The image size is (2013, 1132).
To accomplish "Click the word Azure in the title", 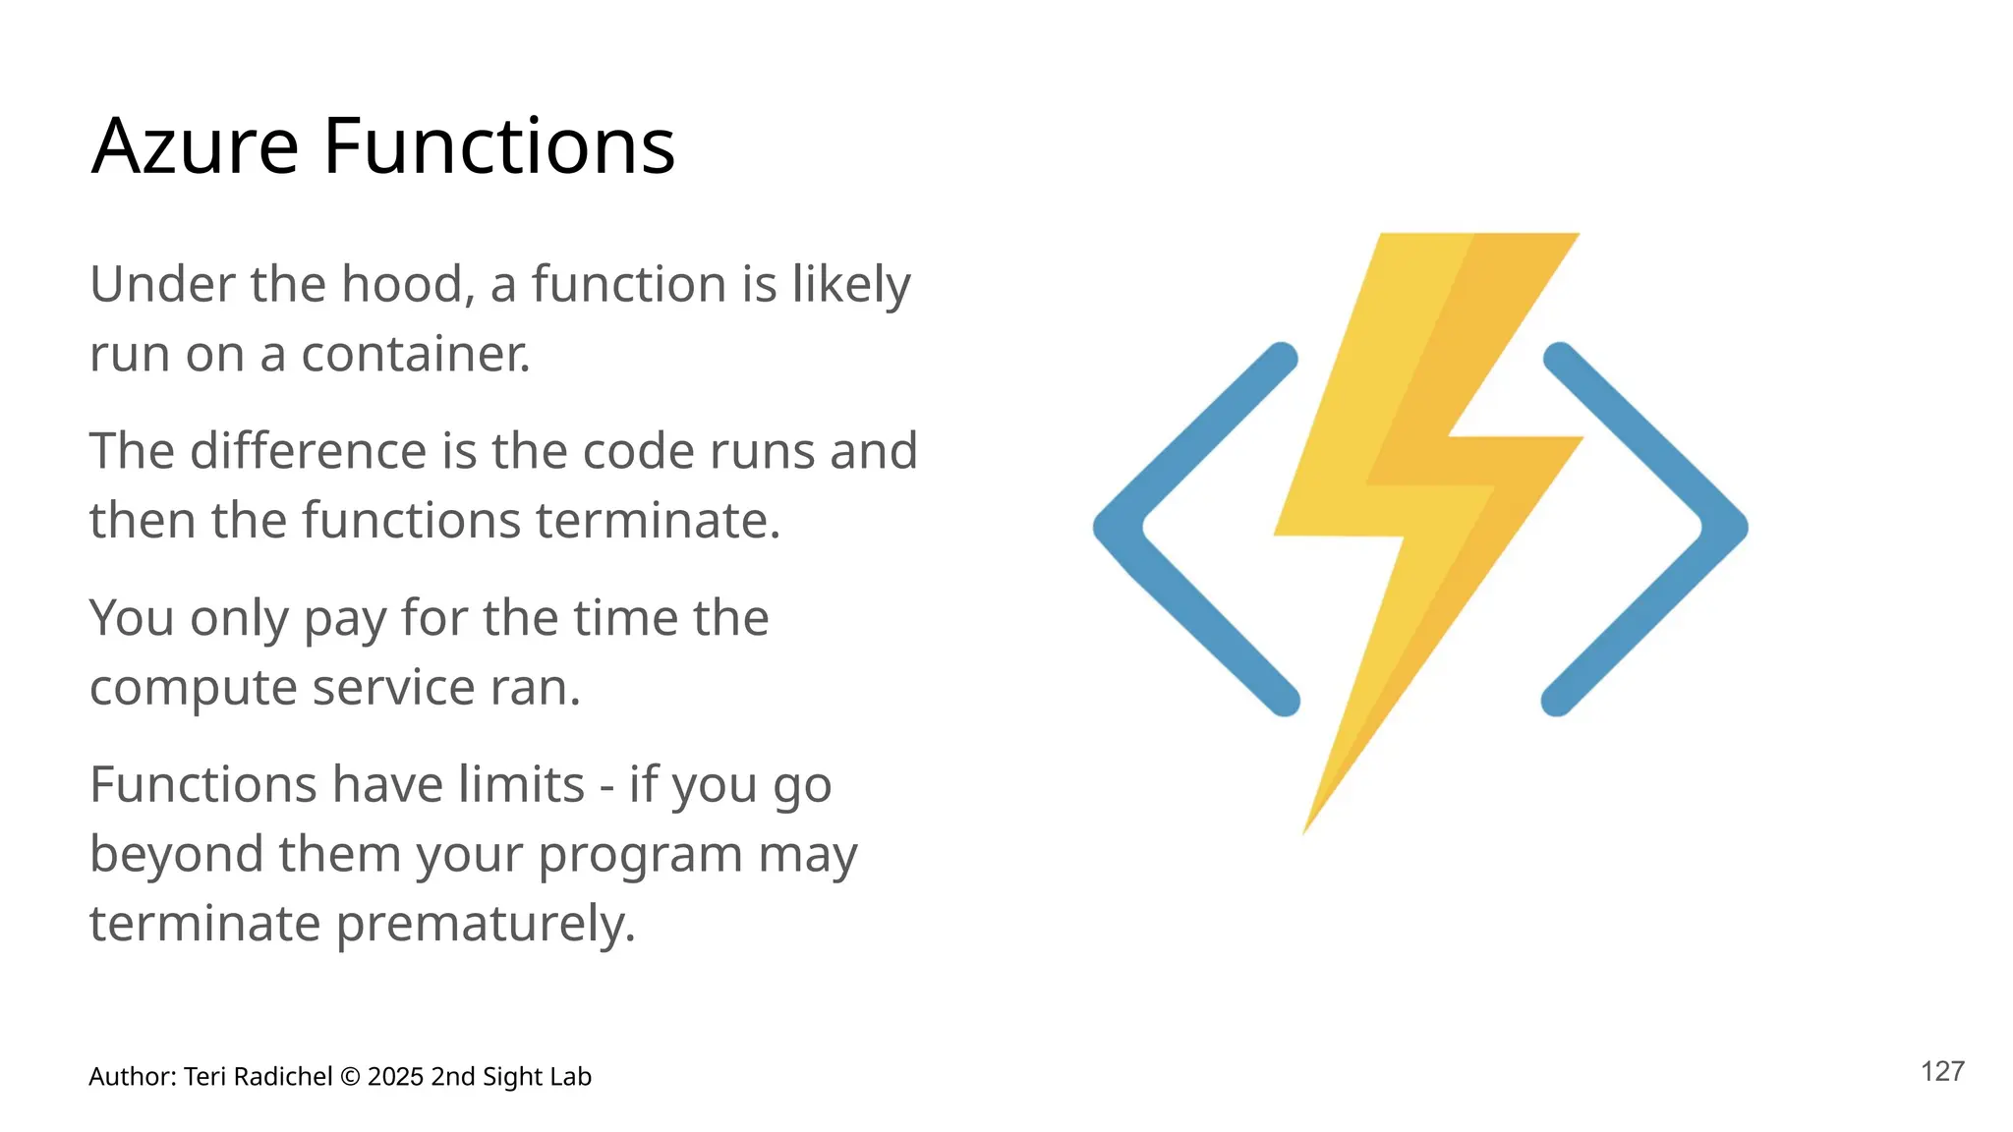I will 195,146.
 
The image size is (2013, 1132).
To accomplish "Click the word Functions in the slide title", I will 498,146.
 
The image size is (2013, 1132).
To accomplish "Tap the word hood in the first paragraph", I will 401,285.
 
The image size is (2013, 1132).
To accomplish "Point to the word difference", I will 309,452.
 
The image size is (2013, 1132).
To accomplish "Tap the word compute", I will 194,689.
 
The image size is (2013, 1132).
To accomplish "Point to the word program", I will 641,856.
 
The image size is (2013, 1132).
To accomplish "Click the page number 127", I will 1942,1072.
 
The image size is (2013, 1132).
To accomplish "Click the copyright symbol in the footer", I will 350,1078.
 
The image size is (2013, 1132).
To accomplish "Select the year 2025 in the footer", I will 396,1077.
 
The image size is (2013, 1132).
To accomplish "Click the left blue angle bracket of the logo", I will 1140,528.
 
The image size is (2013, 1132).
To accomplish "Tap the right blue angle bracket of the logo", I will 1700,528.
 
